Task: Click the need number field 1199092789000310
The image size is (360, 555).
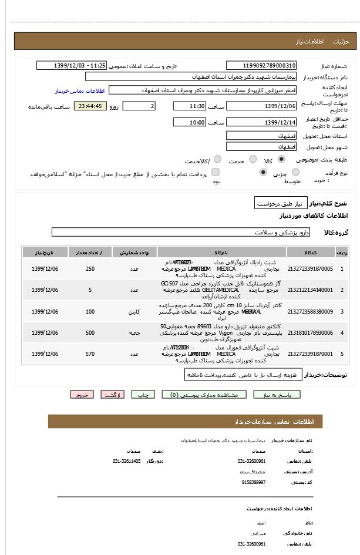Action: pos(261,66)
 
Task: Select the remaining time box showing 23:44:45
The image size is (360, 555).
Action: pos(90,106)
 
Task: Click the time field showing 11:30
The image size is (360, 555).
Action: pos(189,106)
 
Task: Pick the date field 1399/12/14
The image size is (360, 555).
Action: pos(261,122)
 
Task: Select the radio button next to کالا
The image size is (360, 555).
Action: pos(281,159)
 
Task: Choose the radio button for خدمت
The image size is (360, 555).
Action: pos(253,159)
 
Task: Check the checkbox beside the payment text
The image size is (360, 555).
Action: pos(216,172)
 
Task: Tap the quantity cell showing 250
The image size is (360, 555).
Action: pos(90,269)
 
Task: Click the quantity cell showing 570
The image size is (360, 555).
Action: pos(90,354)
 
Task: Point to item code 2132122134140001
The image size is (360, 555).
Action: pos(311,290)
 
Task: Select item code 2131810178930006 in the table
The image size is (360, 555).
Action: pos(311,333)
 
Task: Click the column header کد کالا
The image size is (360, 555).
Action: pos(311,252)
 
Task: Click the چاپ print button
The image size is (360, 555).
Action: pos(143,395)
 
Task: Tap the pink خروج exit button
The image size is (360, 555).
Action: pos(82,395)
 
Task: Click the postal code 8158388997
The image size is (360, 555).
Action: pos(254,482)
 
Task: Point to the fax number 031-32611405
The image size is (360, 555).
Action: pos(127,461)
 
